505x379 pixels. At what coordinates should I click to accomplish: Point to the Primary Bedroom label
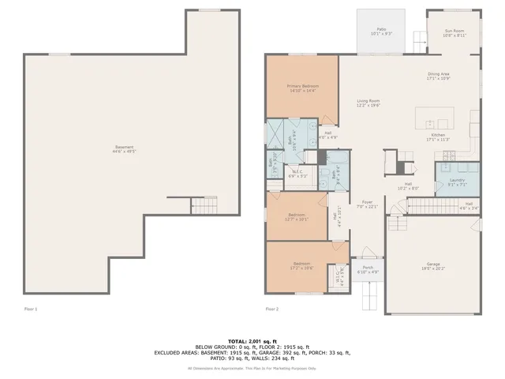coord(301,88)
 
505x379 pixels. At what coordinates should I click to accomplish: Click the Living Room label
coord(368,103)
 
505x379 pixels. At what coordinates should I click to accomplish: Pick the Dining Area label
coord(438,76)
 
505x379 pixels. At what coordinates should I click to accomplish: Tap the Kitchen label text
coord(438,137)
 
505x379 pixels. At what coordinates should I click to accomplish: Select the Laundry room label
coord(457,182)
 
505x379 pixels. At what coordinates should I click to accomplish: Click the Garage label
coord(432,266)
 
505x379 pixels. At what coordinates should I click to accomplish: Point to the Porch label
coord(368,269)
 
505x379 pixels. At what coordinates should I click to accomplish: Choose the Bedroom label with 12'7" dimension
coord(297,216)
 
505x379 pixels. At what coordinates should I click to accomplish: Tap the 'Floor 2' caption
coord(271,309)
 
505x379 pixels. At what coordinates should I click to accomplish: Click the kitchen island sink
coord(430,123)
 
